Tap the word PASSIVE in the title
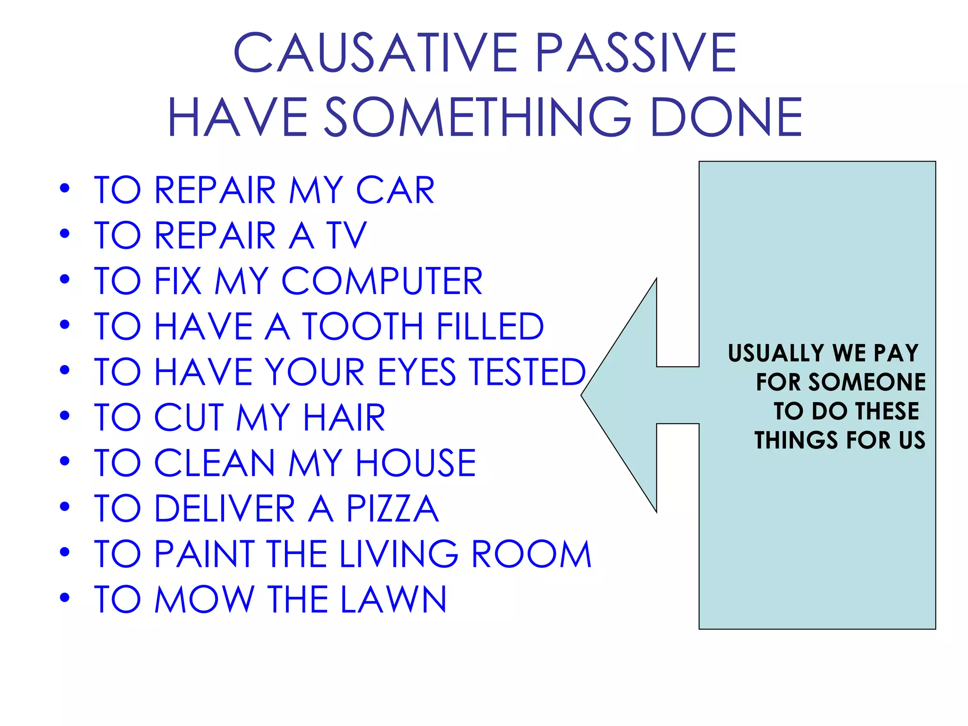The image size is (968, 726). click(636, 52)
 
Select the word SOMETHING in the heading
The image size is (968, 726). click(478, 117)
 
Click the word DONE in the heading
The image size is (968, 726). click(726, 117)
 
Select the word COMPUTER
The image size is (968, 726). click(382, 281)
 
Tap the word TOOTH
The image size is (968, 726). click(363, 327)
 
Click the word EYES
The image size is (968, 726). click(417, 372)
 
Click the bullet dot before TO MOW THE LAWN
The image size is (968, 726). click(65, 598)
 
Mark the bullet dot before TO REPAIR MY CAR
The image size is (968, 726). click(65, 189)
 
